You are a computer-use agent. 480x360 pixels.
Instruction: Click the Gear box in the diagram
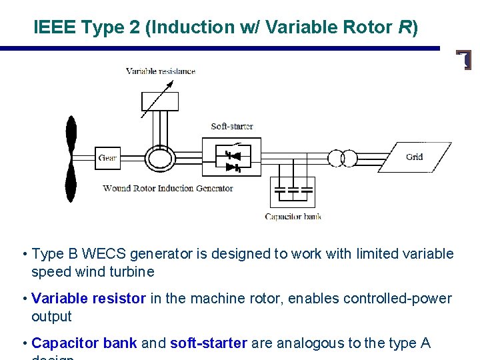pyautogui.click(x=107, y=158)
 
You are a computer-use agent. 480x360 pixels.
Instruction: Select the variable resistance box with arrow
pyautogui.click(x=160, y=101)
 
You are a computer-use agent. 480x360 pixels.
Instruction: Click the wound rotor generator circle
pyautogui.click(x=160, y=158)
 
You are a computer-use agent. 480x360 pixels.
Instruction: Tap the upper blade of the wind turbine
pyautogui.click(x=71, y=137)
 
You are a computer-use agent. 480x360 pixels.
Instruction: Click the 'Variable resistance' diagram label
pyautogui.click(x=160, y=71)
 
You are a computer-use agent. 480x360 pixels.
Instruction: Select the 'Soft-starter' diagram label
pyautogui.click(x=231, y=126)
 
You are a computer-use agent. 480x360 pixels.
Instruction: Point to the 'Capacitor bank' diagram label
pyautogui.click(x=293, y=217)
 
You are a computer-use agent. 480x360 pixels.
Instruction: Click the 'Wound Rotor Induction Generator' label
pyautogui.click(x=168, y=189)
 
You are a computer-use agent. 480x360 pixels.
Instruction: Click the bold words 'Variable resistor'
pyautogui.click(x=89, y=299)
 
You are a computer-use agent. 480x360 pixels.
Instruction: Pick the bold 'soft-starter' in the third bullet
pyautogui.click(x=209, y=343)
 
